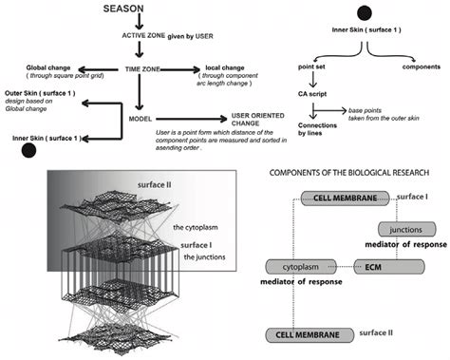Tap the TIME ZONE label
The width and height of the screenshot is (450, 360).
(147, 69)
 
